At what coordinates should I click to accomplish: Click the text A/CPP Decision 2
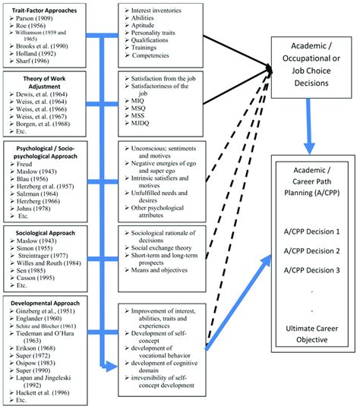pyautogui.click(x=312, y=250)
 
